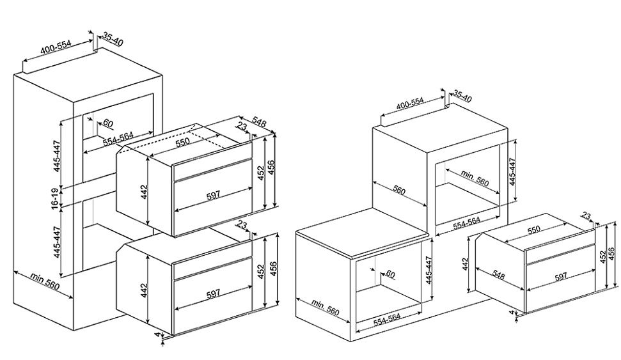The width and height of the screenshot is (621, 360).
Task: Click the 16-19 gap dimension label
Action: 55,196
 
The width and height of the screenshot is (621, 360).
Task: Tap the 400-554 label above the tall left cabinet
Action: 56,47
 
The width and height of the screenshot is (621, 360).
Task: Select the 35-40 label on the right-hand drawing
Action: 462,97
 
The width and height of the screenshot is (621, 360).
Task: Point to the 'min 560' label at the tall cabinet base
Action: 45,281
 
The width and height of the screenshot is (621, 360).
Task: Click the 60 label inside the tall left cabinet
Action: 107,123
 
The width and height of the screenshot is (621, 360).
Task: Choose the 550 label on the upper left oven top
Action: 183,142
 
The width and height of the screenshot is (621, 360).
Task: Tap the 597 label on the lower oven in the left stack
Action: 214,293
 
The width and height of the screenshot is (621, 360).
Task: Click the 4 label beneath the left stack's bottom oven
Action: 158,335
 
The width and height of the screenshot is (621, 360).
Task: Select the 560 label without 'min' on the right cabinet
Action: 399,191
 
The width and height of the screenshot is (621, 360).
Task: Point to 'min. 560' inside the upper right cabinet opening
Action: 475,178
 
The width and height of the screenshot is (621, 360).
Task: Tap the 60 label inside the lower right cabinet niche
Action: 390,274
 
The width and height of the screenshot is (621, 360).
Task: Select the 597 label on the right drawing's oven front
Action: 560,276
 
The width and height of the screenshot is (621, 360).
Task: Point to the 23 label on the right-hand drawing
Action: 586,216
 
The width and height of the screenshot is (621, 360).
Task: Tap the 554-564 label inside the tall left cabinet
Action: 118,139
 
